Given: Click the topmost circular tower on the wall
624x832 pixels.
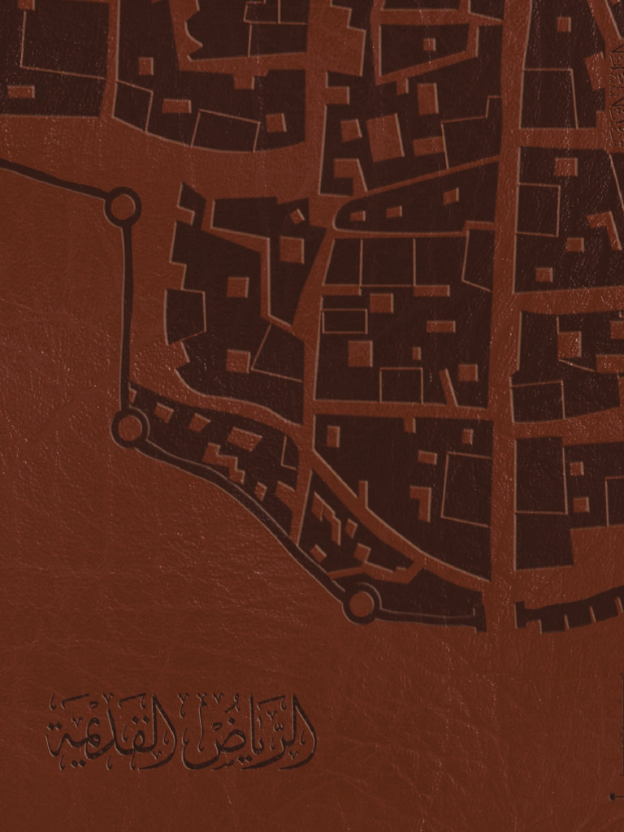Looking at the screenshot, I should pyautogui.click(x=123, y=206).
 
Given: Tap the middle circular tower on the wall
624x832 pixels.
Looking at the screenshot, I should pyautogui.click(x=129, y=427).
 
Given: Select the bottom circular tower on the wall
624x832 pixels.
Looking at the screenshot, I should pyautogui.click(x=361, y=604).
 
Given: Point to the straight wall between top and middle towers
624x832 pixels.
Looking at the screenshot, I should pyautogui.click(x=127, y=317).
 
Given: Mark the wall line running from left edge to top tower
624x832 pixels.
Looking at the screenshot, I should pyautogui.click(x=53, y=179).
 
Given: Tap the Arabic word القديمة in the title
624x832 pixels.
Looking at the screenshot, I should pyautogui.click(x=110, y=735).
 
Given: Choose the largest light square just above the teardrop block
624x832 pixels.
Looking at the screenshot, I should pyautogui.click(x=385, y=136).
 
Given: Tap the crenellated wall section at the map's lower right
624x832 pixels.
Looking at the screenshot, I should pyautogui.click(x=569, y=613).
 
